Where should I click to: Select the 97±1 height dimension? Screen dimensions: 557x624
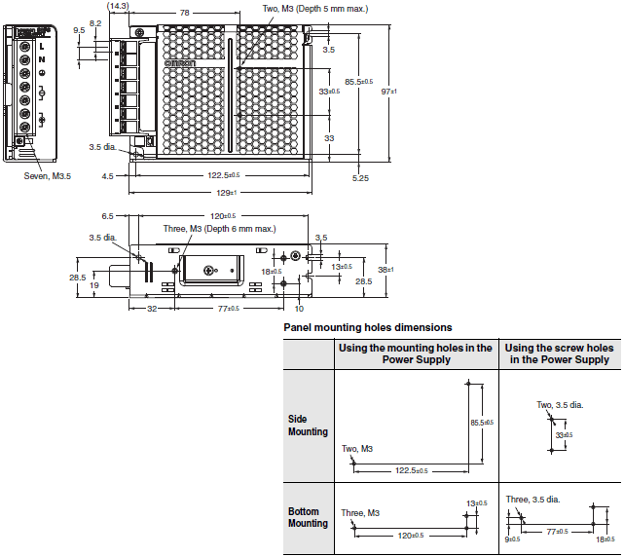click(387, 90)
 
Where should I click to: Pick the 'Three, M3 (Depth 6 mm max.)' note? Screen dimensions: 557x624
click(219, 228)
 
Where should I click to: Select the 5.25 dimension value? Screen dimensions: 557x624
click(361, 178)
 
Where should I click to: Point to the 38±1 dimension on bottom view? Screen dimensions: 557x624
click(385, 270)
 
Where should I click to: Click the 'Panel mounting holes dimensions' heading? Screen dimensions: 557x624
click(367, 327)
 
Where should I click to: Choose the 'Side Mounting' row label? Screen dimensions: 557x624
click(308, 426)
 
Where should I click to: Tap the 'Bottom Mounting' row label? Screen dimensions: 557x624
click(308, 517)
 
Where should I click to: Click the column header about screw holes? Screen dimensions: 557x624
click(559, 353)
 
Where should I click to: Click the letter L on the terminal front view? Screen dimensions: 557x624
click(42, 47)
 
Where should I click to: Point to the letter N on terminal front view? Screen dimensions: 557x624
click(42, 60)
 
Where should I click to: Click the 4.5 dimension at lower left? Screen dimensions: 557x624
click(107, 176)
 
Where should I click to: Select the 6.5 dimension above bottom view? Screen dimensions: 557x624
click(107, 216)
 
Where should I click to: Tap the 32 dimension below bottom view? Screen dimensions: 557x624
click(152, 308)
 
